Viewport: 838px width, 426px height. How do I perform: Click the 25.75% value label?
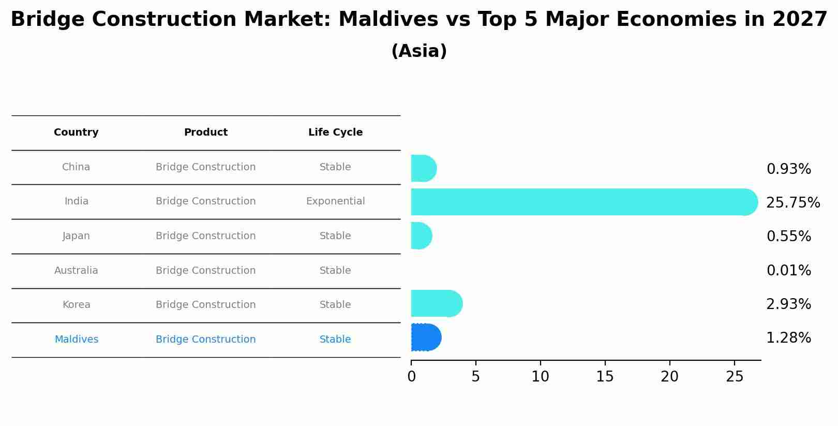(792, 203)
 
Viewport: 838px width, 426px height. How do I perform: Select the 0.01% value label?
(788, 271)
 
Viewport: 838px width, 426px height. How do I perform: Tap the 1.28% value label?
(788, 338)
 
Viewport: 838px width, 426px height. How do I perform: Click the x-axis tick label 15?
(605, 377)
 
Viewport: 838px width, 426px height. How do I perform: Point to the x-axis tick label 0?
(411, 377)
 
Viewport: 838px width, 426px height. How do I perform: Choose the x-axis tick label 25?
(734, 377)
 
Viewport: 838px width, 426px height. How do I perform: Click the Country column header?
(76, 133)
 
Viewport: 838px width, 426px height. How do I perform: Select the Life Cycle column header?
(335, 133)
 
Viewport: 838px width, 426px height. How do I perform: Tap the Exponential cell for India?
(335, 201)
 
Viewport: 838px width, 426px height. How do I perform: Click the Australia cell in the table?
(76, 271)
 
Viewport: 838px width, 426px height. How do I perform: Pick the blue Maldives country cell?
(76, 340)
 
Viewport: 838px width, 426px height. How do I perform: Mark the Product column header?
(205, 133)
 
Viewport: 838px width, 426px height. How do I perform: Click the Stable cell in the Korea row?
(335, 305)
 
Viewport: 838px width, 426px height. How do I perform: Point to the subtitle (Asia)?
(419, 51)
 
